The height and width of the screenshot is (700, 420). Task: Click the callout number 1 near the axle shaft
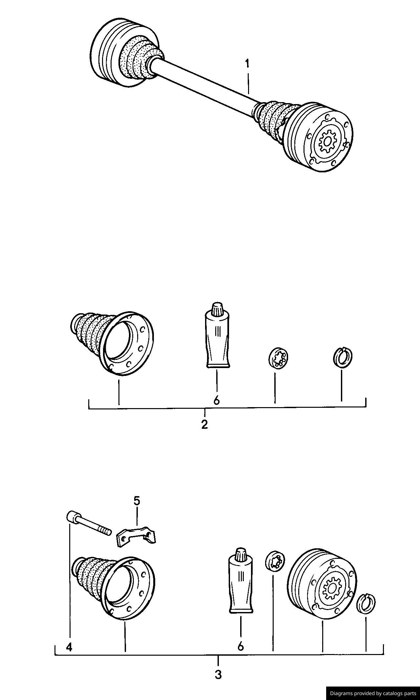(247, 64)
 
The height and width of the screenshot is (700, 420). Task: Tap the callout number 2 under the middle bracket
(205, 425)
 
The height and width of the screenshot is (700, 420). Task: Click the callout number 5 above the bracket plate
(136, 501)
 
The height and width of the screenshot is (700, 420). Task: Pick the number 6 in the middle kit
(216, 400)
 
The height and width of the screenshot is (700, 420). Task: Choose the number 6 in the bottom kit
(241, 646)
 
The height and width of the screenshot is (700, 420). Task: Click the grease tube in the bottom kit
(241, 588)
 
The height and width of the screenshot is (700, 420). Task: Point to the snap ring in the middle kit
(343, 356)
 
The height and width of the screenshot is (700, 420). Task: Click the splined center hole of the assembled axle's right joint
(327, 142)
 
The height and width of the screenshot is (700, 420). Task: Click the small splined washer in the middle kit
(278, 358)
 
